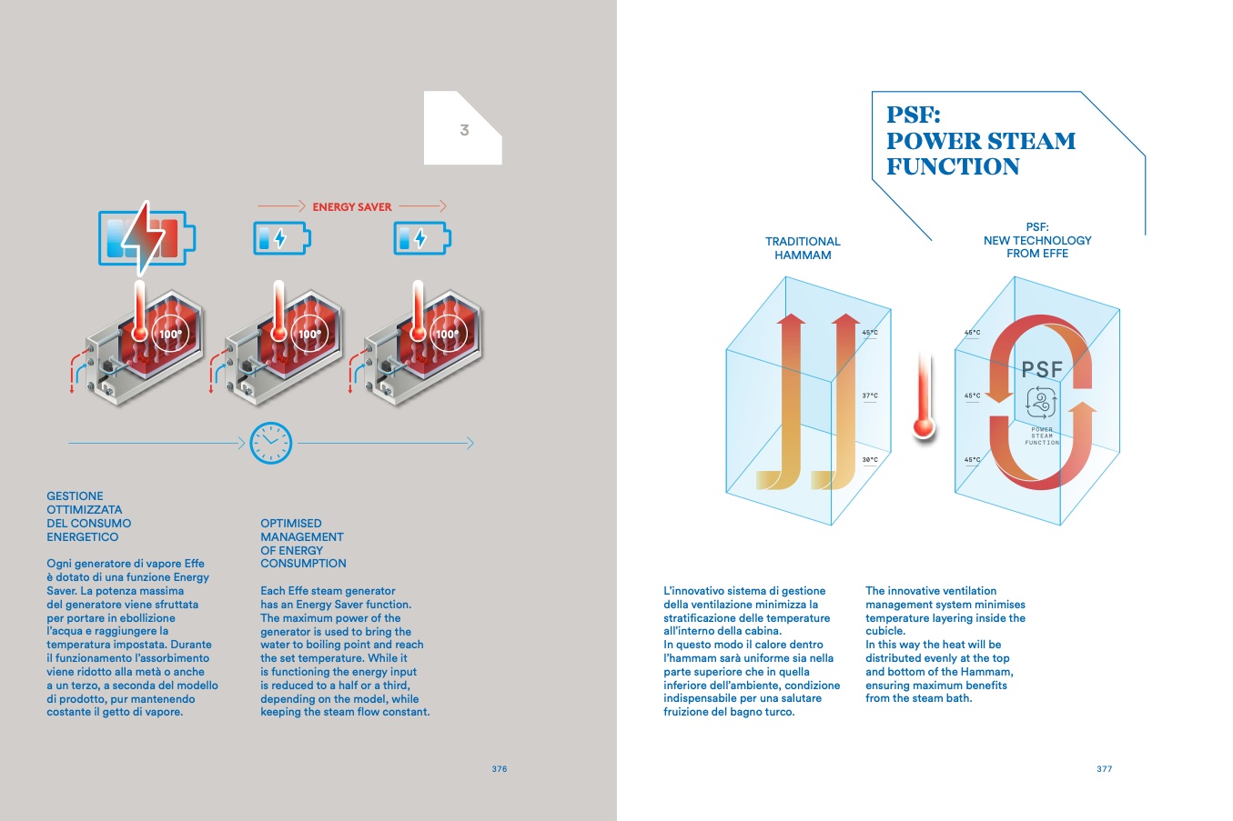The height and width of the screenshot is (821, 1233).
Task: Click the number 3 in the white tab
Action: pos(465,130)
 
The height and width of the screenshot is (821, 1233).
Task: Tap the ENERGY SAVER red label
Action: pos(352,207)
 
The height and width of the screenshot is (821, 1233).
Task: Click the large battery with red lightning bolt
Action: pos(147,238)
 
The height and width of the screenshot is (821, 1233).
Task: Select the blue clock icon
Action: pos(271,443)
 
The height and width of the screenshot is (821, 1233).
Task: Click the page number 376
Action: pos(500,769)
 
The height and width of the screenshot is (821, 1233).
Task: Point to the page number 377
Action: pos(1104,769)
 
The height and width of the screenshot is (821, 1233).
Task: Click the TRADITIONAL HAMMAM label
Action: pos(803,248)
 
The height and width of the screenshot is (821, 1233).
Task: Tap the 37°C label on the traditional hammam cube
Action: pos(870,395)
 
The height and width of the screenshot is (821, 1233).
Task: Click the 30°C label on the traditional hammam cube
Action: pos(870,460)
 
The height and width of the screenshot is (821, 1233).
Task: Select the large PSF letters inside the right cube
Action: pos(1041,369)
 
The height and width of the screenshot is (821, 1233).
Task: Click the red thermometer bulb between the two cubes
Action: pos(924,427)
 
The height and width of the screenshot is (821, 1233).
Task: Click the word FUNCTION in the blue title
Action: pos(953,166)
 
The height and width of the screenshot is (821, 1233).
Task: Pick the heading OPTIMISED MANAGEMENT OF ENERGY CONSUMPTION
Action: pos(303,544)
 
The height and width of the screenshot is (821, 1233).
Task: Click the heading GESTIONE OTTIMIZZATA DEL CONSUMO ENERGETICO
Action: pos(88,516)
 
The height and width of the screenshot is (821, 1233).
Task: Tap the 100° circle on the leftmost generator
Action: pos(170,334)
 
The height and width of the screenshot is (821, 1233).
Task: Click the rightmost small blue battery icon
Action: pos(422,238)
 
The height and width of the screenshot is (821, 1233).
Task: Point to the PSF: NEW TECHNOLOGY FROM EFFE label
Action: pos(1037,240)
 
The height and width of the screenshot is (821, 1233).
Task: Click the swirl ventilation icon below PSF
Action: pos(1041,402)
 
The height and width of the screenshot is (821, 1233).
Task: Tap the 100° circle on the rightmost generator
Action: pos(448,334)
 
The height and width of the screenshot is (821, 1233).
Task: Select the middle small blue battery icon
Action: pos(282,238)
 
